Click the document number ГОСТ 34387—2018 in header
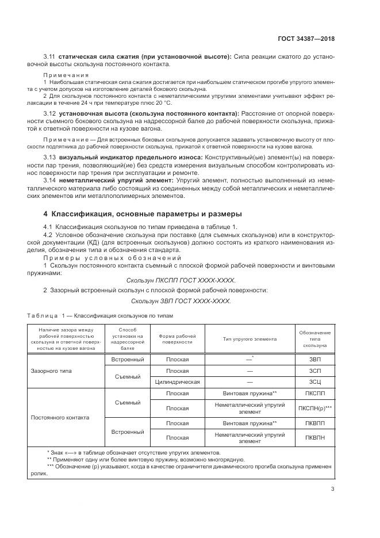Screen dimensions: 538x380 click(x=305, y=39)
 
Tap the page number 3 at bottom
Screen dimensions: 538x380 click(x=333, y=490)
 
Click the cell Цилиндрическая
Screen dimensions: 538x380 click(x=177, y=381)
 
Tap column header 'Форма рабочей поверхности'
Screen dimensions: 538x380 click(x=177, y=338)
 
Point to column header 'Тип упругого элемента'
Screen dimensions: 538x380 click(x=250, y=338)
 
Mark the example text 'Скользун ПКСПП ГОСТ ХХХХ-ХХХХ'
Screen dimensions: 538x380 click(x=181, y=280)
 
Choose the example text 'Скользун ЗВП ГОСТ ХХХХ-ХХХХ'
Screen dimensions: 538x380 click(x=181, y=301)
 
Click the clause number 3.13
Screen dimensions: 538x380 click(x=51, y=157)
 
